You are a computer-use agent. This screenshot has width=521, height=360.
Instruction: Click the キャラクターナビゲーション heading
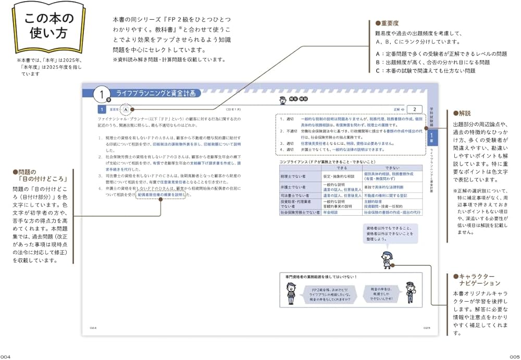click(479, 279)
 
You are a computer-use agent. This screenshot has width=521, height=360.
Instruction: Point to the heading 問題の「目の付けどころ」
click(32, 176)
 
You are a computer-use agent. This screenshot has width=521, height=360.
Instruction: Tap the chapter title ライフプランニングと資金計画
click(156, 93)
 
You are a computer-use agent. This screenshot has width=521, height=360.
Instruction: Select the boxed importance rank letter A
click(126, 109)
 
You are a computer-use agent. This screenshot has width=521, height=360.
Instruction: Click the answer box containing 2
click(414, 109)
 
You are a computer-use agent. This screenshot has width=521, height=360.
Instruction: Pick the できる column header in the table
click(342, 168)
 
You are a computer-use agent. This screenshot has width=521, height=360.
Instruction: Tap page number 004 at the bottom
click(6, 356)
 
